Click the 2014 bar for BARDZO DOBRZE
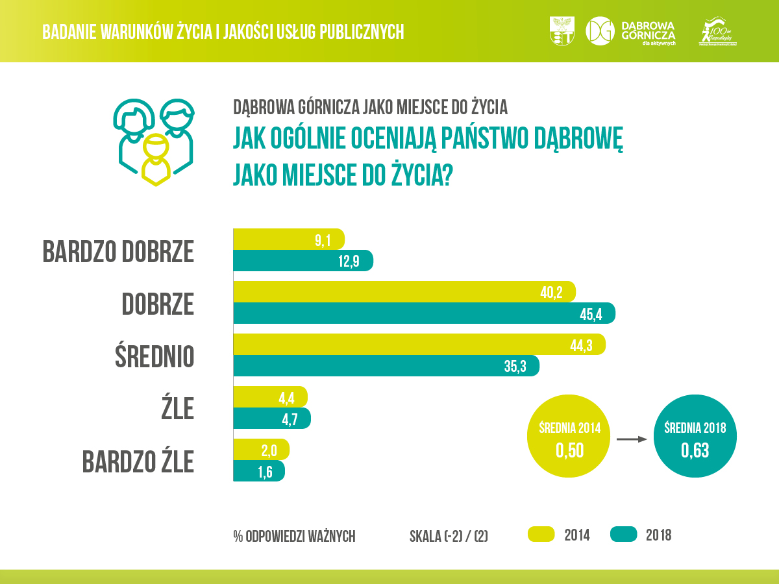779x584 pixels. [x=288, y=239]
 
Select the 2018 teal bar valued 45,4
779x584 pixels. [x=423, y=314]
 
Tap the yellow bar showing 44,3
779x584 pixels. [x=419, y=345]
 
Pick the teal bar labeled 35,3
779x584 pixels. [x=386, y=365]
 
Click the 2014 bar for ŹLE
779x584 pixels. [x=269, y=396]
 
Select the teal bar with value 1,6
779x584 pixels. [x=258, y=470]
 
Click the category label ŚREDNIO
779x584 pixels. [x=154, y=356]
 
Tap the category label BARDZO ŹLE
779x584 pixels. [x=138, y=461]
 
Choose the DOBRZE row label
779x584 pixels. [x=157, y=304]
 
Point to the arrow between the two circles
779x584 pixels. [x=632, y=439]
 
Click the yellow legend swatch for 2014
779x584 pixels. [x=541, y=534]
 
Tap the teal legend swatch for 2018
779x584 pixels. [x=623, y=534]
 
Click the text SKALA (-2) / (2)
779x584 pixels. [x=449, y=536]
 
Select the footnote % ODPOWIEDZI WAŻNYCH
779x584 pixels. [x=294, y=536]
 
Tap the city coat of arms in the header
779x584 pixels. [x=562, y=31]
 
